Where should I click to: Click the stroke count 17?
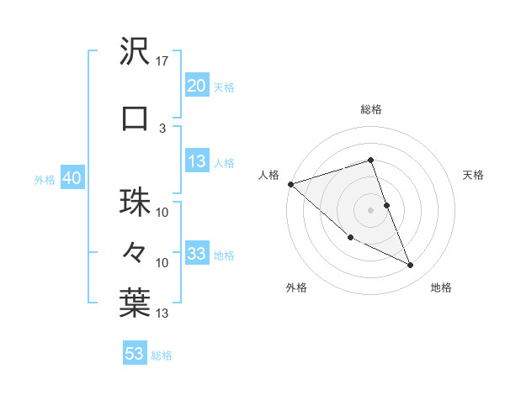[x=163, y=61]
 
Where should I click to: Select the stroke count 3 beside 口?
[x=162, y=128]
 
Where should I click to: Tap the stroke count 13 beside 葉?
[x=162, y=314]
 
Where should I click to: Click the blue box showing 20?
[x=197, y=86]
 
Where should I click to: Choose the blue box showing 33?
[x=197, y=255]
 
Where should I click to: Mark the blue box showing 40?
[x=72, y=178]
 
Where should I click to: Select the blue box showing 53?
[x=135, y=354]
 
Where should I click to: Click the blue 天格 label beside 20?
[x=224, y=87]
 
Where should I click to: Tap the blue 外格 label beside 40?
[x=45, y=179]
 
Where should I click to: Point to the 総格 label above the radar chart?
[x=370, y=109]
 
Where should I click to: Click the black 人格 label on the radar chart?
[x=268, y=175]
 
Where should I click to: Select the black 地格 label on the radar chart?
[x=441, y=287]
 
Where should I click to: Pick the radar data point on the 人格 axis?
[x=290, y=184]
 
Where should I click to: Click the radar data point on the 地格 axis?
[x=411, y=266]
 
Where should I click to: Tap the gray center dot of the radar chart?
[x=370, y=209]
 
